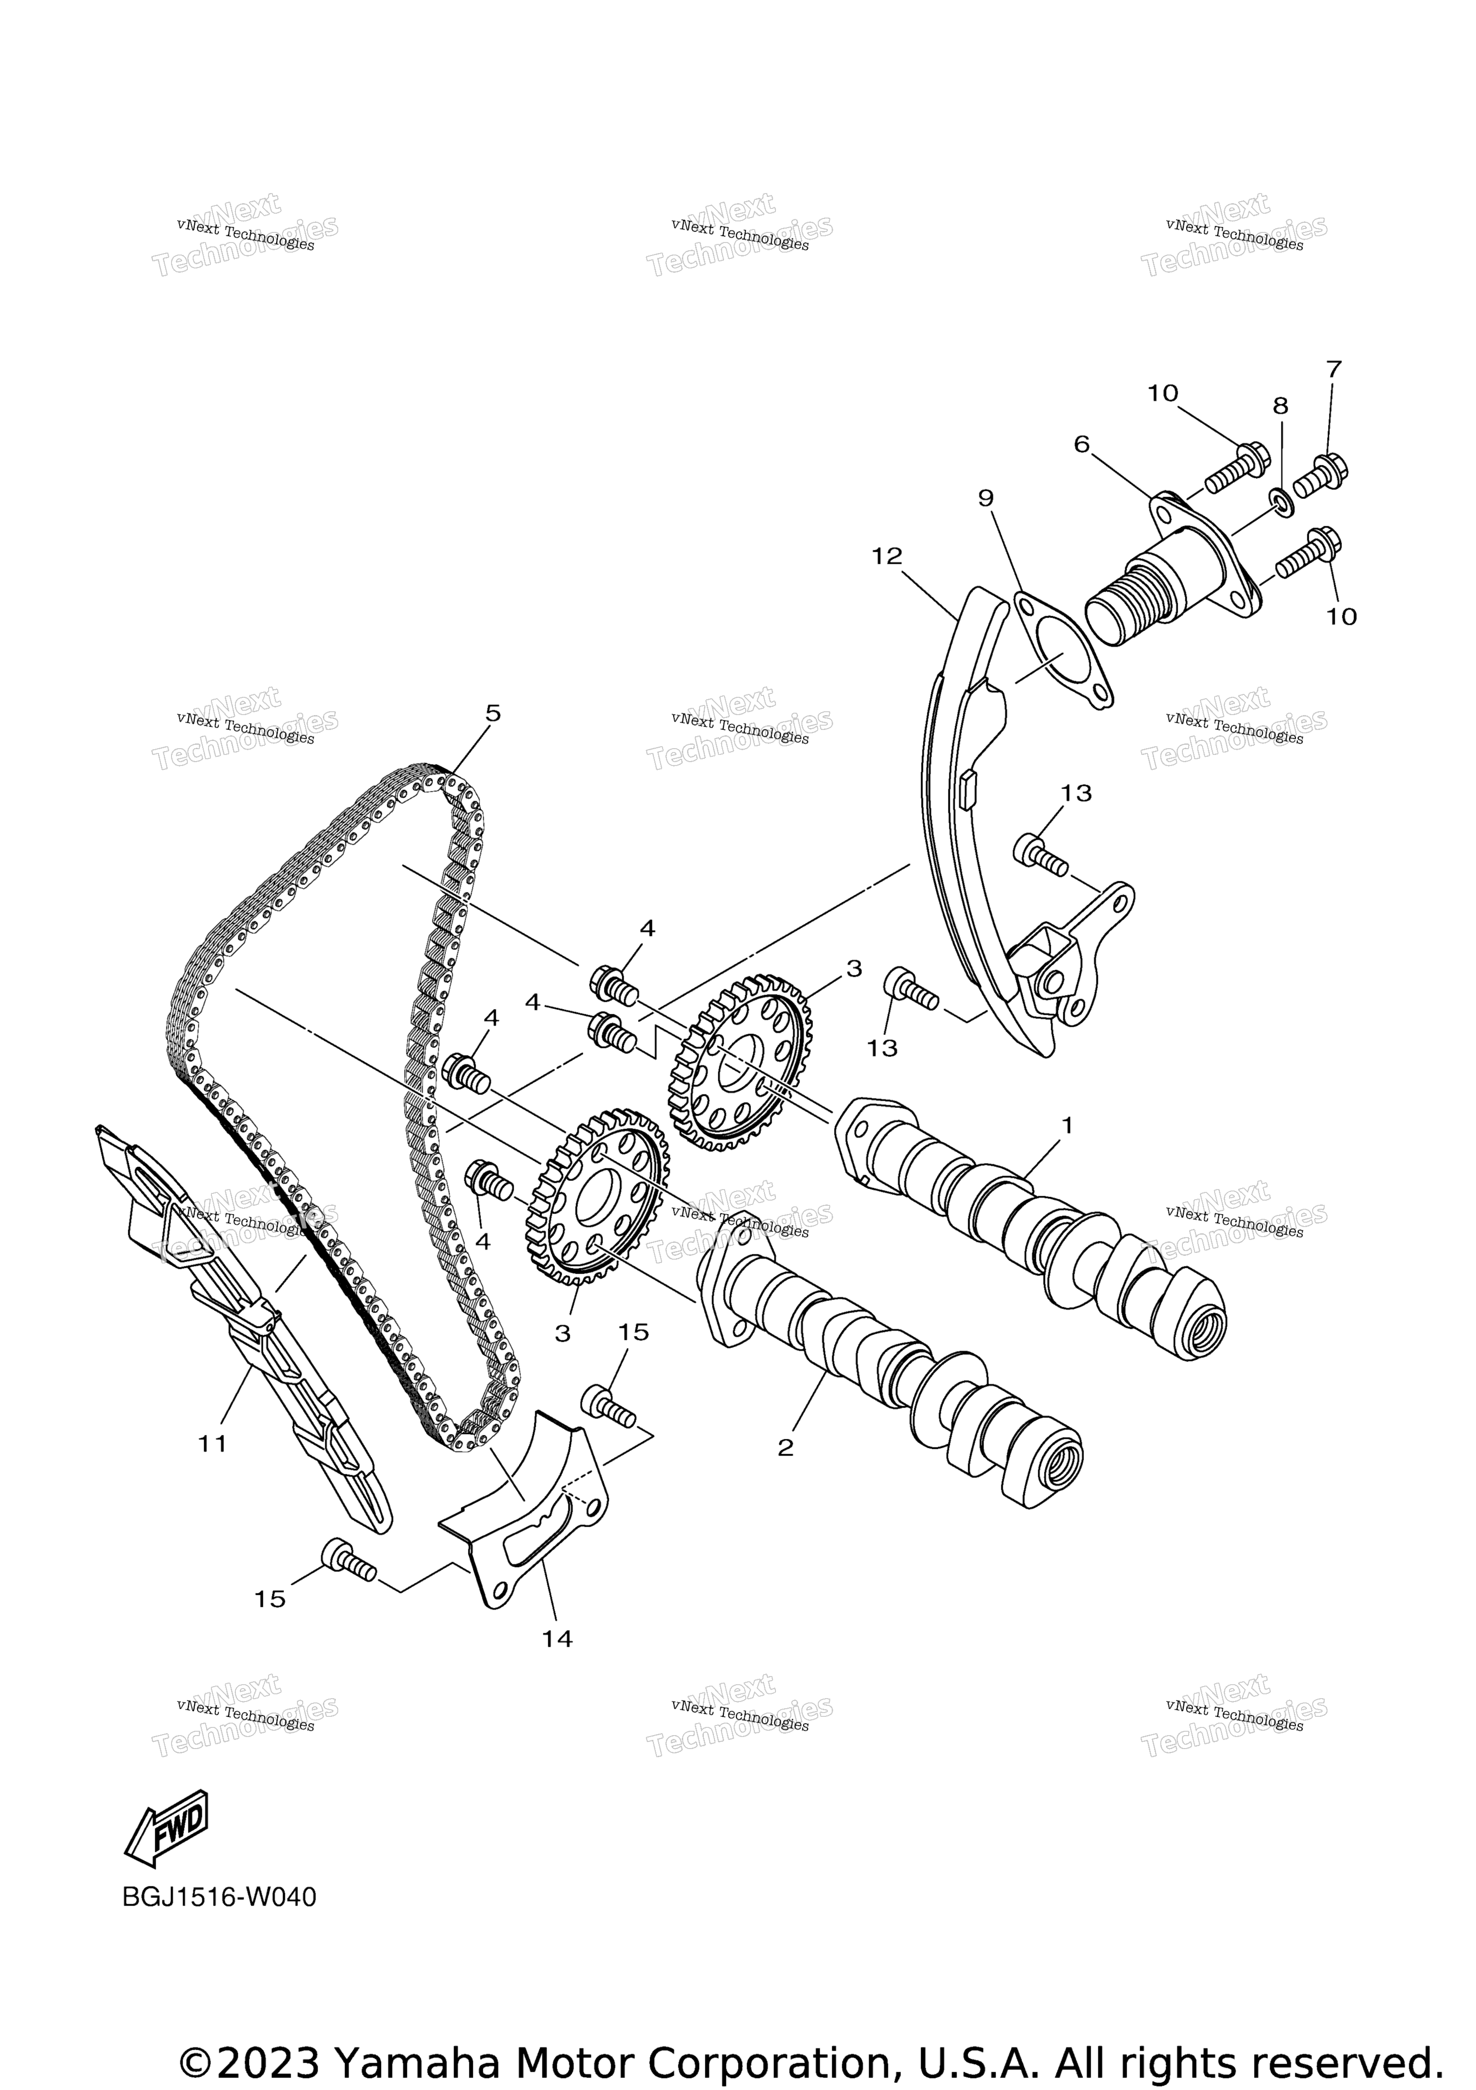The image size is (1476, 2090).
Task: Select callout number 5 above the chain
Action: click(492, 714)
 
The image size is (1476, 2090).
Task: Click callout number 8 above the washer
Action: click(1280, 406)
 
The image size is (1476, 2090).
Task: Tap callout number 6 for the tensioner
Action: click(1082, 444)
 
